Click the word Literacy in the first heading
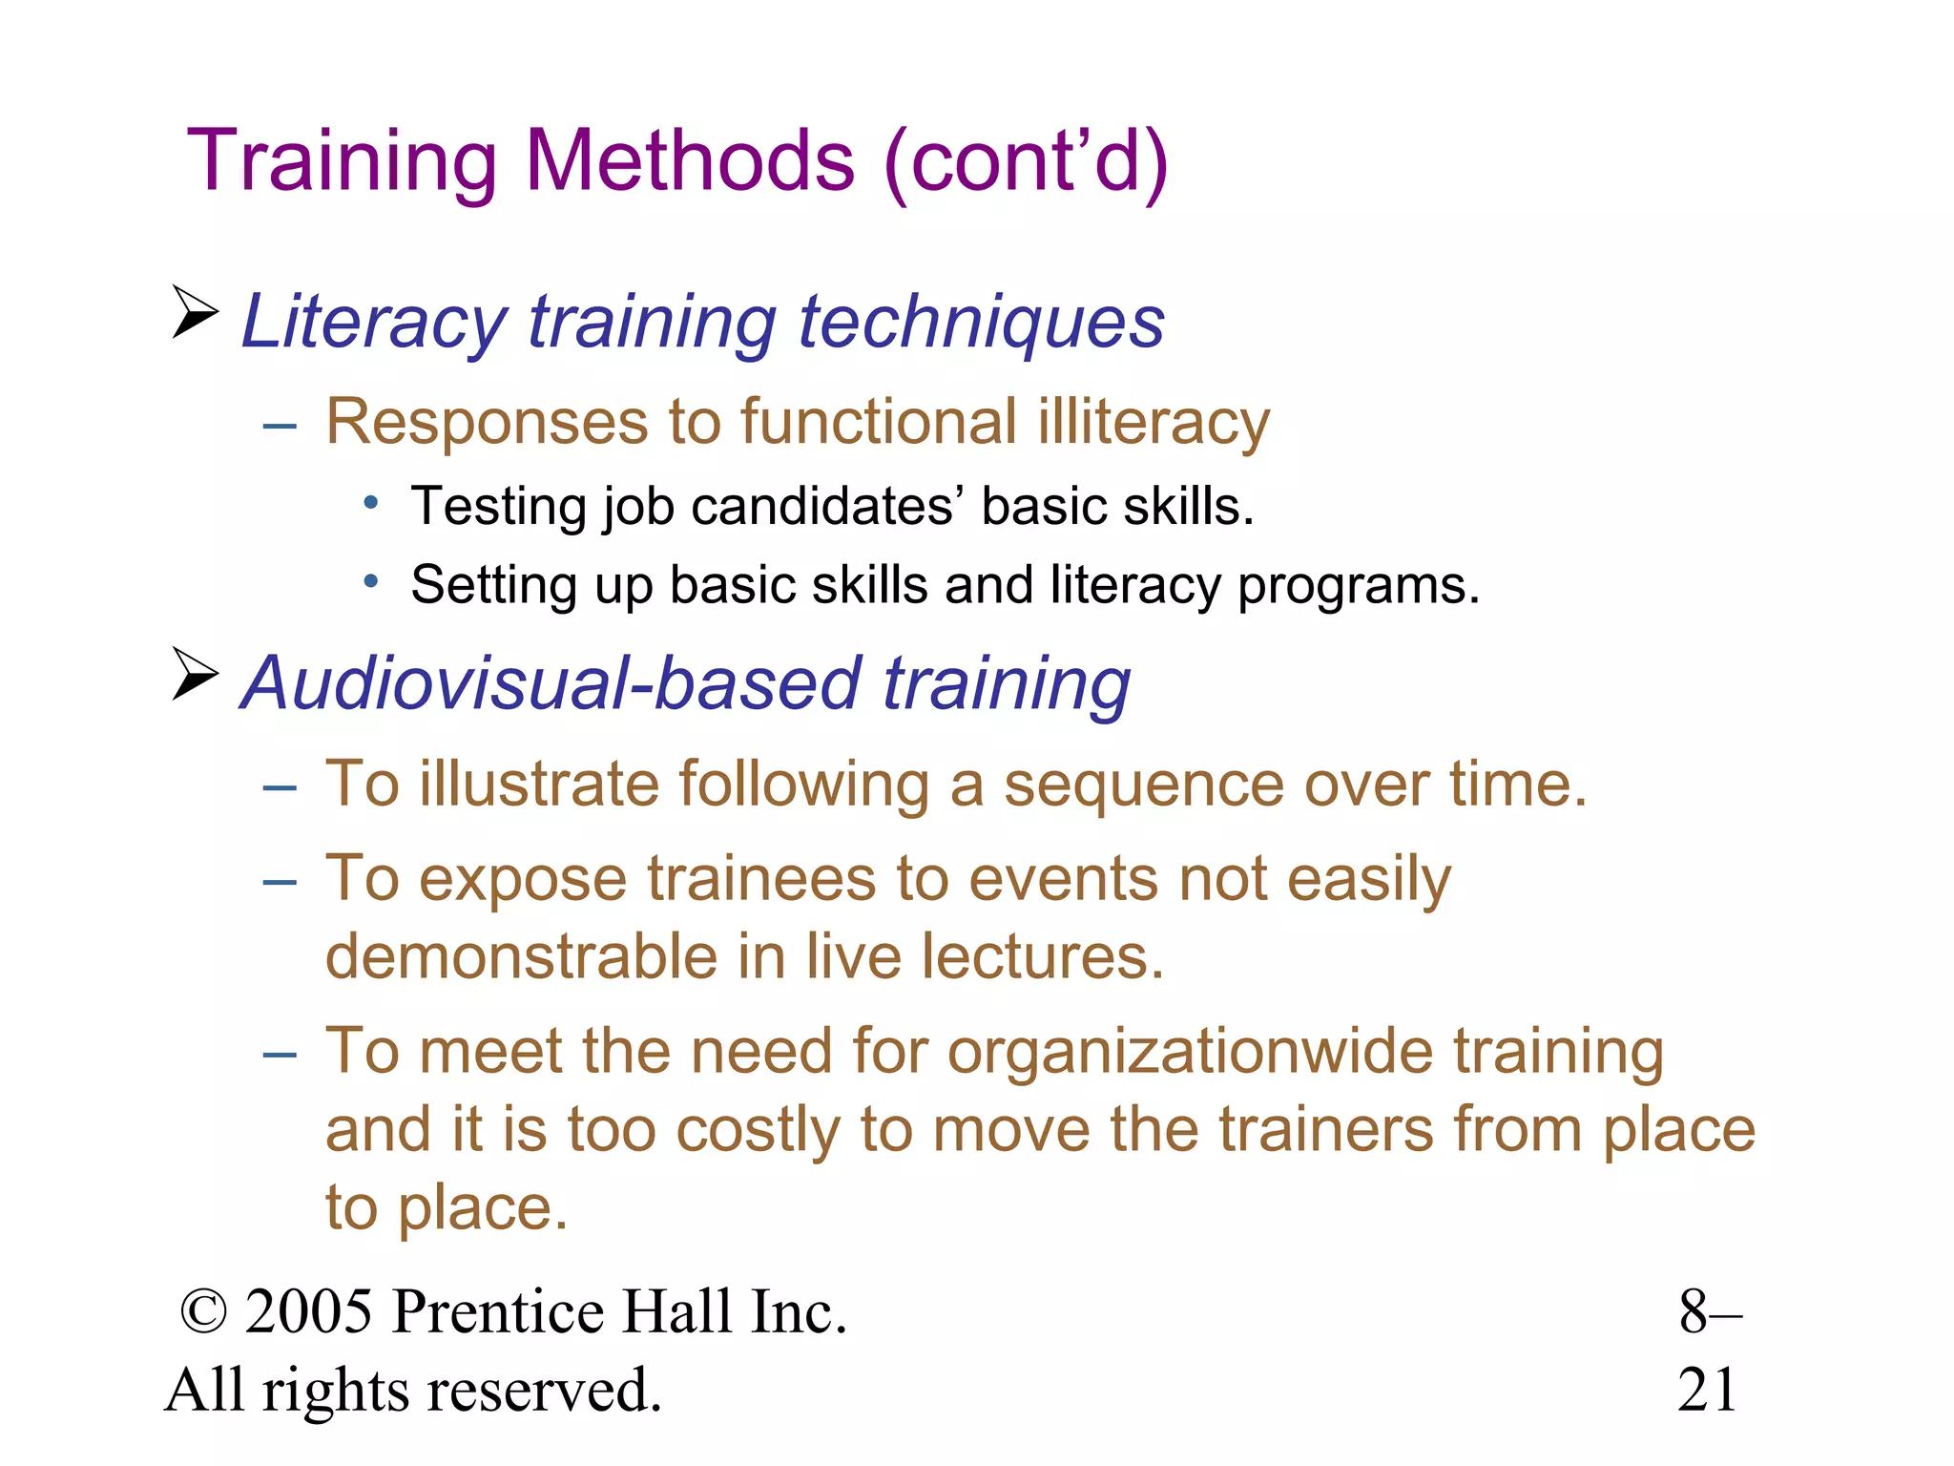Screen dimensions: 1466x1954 click(373, 323)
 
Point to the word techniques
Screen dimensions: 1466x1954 click(982, 323)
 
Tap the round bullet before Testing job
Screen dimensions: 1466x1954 click(371, 501)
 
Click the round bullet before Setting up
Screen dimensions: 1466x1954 click(371, 580)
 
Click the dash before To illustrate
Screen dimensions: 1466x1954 click(280, 787)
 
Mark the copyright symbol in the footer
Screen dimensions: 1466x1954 click(203, 1312)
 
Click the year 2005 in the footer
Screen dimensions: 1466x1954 click(308, 1311)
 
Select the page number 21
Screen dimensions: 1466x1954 click(1707, 1390)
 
